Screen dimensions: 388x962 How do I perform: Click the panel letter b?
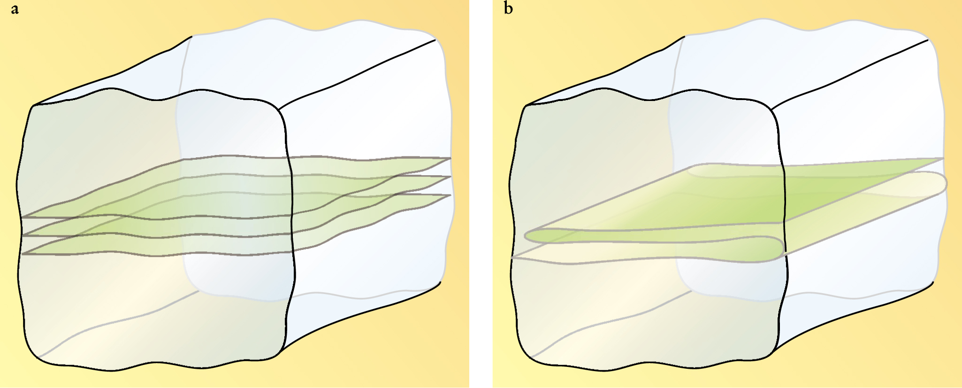point(508,8)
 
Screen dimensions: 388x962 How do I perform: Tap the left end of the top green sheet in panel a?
point(23,217)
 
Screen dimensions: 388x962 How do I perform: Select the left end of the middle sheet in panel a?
point(23,235)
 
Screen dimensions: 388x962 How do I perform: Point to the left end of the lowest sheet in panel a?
point(23,254)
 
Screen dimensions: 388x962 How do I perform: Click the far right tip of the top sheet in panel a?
point(450,158)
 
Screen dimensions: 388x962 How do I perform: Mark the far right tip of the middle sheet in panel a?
point(450,177)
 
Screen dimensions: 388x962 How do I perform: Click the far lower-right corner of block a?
point(440,282)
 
